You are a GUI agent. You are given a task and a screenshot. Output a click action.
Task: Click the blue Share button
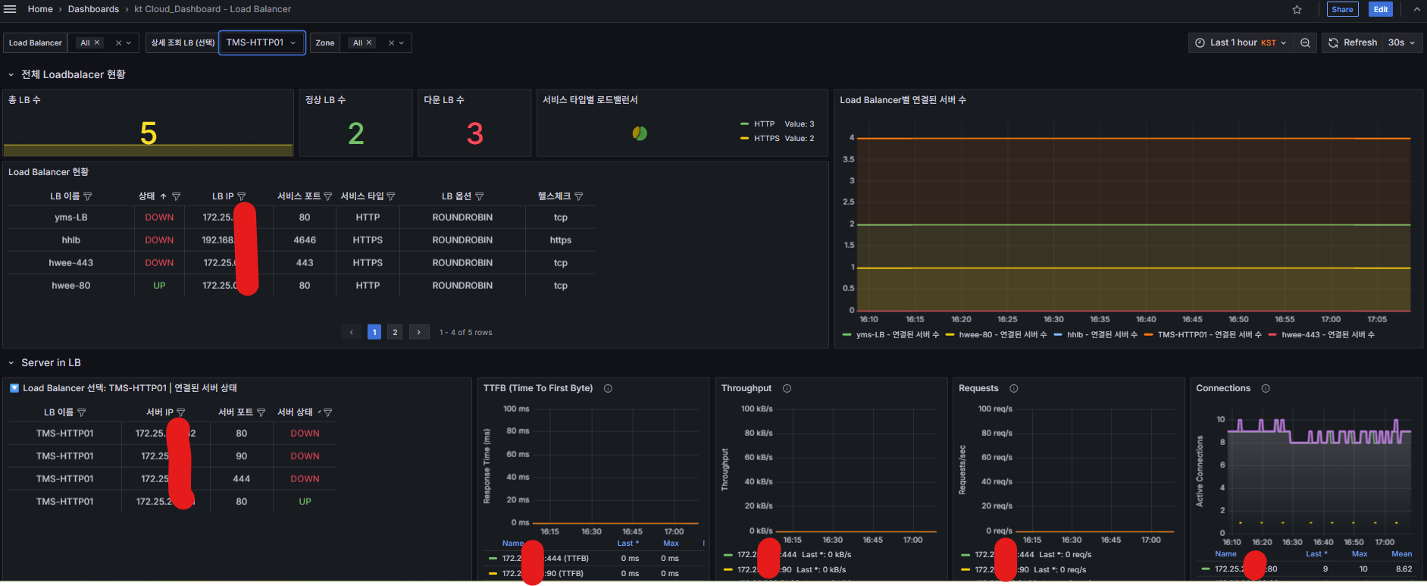pos(1342,9)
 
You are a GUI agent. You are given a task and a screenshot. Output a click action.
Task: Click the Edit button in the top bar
pos(1381,9)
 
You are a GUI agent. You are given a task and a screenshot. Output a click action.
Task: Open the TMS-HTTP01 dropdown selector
pos(261,42)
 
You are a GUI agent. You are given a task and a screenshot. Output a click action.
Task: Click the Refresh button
pos(1353,42)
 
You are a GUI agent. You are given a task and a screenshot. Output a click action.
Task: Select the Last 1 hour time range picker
pos(1241,42)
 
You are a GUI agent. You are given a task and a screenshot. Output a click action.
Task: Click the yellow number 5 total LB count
pos(149,134)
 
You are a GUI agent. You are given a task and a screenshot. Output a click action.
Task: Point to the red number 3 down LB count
pos(474,134)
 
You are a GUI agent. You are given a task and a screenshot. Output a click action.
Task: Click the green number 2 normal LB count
pos(355,134)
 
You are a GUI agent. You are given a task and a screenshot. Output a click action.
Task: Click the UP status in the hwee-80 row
pos(159,286)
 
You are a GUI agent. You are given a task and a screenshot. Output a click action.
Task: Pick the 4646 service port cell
pos(305,240)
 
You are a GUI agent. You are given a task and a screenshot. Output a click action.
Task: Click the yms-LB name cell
pos(71,218)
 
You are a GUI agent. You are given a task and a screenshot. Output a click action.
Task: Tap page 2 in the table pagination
pos(395,332)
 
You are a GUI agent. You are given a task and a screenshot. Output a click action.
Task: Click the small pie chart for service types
pos(640,133)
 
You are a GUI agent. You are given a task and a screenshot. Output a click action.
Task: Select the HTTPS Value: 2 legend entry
pos(784,139)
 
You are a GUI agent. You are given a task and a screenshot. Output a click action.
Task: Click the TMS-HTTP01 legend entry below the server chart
pos(1209,334)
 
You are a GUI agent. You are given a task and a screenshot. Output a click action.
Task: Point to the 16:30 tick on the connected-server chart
pos(1053,319)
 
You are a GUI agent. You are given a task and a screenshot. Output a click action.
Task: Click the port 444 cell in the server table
pos(241,479)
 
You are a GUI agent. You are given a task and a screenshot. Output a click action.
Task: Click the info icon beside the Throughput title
pos(787,388)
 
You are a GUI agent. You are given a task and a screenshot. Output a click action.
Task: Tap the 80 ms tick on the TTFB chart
pos(518,431)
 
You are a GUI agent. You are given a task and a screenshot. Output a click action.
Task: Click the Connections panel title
pos(1223,388)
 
